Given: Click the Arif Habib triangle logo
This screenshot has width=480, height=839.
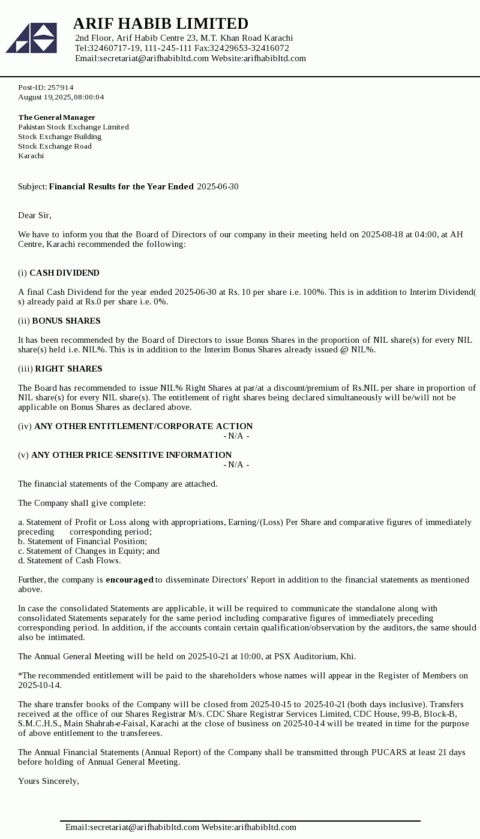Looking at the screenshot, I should click(x=31, y=38).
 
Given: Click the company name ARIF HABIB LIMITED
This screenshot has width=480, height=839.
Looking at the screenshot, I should click(x=160, y=23).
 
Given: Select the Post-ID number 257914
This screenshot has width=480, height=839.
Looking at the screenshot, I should click(x=60, y=87).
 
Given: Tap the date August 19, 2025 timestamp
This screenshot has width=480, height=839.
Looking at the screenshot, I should click(x=61, y=97).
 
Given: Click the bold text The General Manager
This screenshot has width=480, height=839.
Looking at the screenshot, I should click(x=56, y=117).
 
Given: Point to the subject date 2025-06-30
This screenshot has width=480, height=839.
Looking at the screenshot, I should click(x=217, y=187).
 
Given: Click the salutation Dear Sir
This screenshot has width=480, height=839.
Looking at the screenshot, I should click(x=35, y=216).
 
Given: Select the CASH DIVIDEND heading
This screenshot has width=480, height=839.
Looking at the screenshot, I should click(x=64, y=273).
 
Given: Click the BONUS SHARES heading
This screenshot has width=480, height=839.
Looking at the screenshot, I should click(x=66, y=321).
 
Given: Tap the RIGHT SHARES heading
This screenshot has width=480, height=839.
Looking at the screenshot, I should click(x=68, y=369).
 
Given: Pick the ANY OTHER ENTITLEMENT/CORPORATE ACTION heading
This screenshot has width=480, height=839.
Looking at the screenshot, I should click(x=143, y=427).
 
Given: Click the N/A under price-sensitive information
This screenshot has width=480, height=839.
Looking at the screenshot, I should click(x=236, y=465).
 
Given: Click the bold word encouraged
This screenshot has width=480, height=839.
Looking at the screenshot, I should click(x=130, y=580).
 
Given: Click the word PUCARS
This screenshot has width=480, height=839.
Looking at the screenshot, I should click(x=389, y=753).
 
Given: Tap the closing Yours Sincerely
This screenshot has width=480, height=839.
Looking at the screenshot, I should click(x=49, y=781).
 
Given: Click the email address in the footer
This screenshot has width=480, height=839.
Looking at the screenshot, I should click(x=132, y=828).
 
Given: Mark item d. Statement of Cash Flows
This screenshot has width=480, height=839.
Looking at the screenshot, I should click(x=69, y=561).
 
